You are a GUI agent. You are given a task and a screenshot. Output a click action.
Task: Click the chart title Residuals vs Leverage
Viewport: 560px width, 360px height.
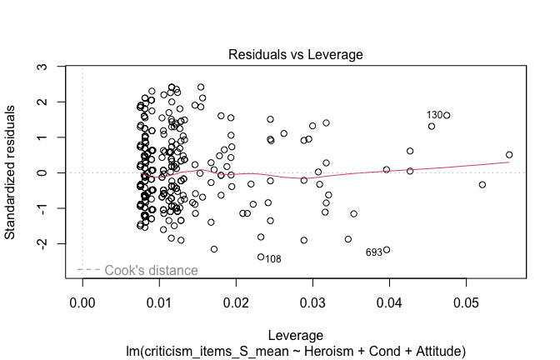(295, 54)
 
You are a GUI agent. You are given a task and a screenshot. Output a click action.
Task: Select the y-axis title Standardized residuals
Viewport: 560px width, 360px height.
(12, 172)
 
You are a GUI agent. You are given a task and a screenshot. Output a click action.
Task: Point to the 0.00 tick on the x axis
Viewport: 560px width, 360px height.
(82, 300)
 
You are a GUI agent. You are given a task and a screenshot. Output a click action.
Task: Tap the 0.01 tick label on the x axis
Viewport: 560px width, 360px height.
(159, 300)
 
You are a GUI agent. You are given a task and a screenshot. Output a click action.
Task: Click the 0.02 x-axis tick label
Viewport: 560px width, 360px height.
(236, 300)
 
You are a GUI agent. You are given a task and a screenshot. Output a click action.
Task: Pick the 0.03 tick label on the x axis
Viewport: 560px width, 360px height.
(312, 300)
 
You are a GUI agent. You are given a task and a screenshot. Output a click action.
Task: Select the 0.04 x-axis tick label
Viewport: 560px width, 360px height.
(389, 300)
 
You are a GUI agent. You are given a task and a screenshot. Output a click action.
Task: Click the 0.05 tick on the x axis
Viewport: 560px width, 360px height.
(466, 300)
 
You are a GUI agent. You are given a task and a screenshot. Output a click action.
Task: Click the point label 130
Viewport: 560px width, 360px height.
(434, 115)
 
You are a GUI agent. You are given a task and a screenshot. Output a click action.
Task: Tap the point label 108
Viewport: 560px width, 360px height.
(273, 259)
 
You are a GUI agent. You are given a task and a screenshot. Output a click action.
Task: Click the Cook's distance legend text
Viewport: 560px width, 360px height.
(151, 270)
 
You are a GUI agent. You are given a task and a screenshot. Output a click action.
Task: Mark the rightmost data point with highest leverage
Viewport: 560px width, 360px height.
(509, 154)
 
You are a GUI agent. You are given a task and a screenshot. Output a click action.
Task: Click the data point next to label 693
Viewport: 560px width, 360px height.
(387, 250)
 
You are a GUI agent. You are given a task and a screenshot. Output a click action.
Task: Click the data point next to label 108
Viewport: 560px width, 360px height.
(261, 257)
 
